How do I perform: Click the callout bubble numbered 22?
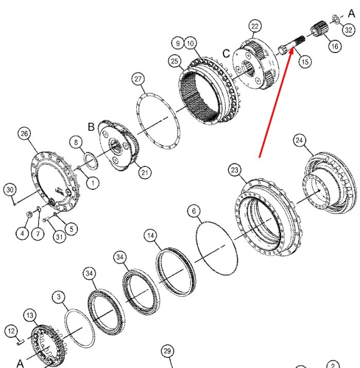pyautogui.click(x=255, y=26)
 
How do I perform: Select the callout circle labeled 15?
pyautogui.click(x=304, y=62)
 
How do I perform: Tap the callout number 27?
pyautogui.click(x=138, y=79)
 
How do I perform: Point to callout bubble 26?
pyautogui.click(x=24, y=133)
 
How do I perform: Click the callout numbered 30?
pyautogui.click(x=10, y=189)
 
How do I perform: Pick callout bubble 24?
pyautogui.click(x=299, y=140)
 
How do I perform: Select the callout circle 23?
pyautogui.click(x=235, y=170)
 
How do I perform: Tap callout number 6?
pyautogui.click(x=194, y=211)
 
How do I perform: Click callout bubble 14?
pyautogui.click(x=151, y=235)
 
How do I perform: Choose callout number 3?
pyautogui.click(x=59, y=297)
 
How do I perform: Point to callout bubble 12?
pyautogui.click(x=11, y=331)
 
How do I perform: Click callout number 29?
pyautogui.click(x=167, y=351)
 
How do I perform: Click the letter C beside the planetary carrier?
pyautogui.click(x=226, y=54)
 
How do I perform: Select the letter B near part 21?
pyautogui.click(x=91, y=127)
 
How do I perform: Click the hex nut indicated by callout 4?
pyautogui.click(x=29, y=214)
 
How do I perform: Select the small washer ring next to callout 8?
pyautogui.click(x=91, y=161)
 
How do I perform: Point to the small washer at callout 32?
pyautogui.click(x=335, y=19)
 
